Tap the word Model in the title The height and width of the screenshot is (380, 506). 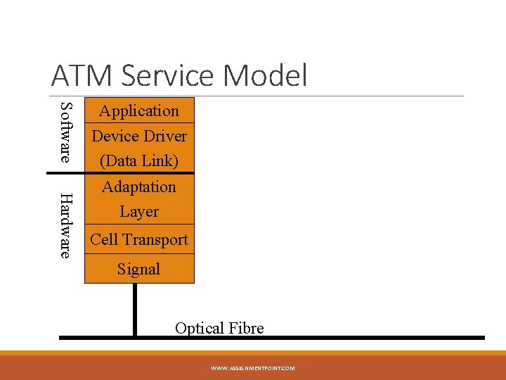pos(270,75)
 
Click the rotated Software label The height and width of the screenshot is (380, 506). pos(65,132)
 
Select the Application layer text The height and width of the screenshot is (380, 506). pos(139,110)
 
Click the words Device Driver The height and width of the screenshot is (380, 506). pos(139,136)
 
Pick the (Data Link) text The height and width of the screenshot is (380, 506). pos(139,160)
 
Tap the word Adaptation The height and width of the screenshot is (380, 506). pos(139,186)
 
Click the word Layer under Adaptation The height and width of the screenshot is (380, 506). pos(139,211)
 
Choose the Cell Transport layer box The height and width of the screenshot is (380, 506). pos(139,239)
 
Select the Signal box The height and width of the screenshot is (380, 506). pos(139,269)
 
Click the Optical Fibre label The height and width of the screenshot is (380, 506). pos(219,328)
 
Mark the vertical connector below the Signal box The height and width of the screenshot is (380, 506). pos(135,310)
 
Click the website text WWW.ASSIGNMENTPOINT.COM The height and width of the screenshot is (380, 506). pos(252,368)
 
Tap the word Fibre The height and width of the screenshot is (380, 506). pos(245,328)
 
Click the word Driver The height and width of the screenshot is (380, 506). pos(168,136)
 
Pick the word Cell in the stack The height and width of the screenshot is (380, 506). pos(104,239)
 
